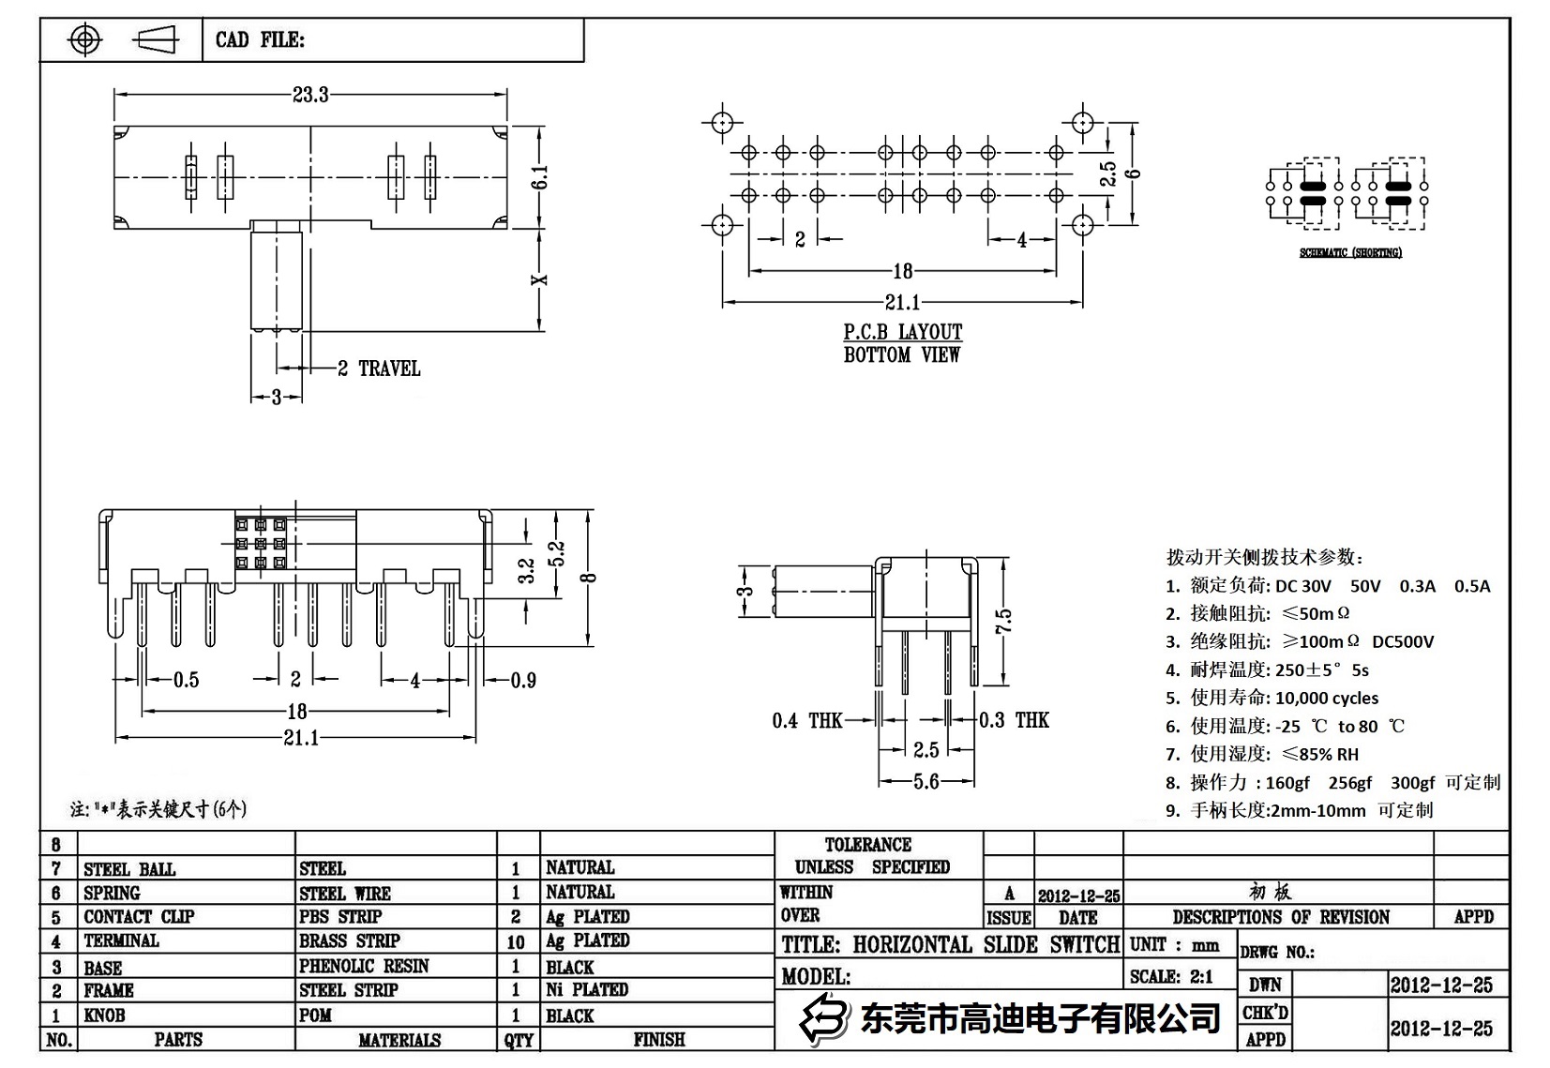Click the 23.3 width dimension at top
(310, 95)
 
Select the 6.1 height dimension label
(540, 177)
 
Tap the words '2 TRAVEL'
(379, 369)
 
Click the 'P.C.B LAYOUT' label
(902, 332)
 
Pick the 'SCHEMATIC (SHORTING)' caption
(1350, 253)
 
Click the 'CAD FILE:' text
(260, 40)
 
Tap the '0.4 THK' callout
(807, 720)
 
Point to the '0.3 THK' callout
(1015, 720)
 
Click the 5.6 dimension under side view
(925, 781)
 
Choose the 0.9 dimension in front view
(523, 680)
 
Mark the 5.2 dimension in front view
(557, 554)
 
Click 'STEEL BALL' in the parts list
(129, 869)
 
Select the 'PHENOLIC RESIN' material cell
(364, 966)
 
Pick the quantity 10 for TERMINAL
(516, 941)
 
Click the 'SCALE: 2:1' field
(1171, 977)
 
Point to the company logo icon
(823, 1019)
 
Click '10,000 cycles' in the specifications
(1327, 698)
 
